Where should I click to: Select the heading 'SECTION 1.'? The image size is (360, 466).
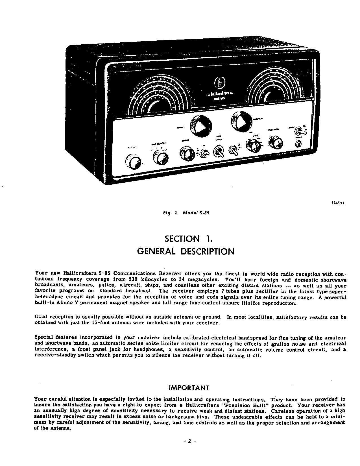[188, 239]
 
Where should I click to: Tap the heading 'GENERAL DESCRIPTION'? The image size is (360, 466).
[186, 251]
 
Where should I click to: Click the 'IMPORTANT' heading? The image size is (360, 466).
[189, 388]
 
